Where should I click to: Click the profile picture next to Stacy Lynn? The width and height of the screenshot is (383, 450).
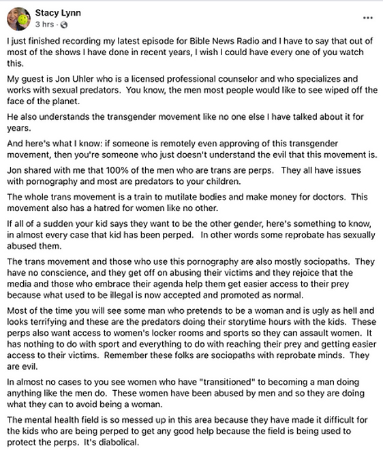[18, 18]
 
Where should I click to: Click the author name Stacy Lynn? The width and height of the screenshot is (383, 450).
[59, 13]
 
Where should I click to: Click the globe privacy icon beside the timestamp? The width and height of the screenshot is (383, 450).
[64, 25]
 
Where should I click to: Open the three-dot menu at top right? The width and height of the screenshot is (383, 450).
[368, 18]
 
